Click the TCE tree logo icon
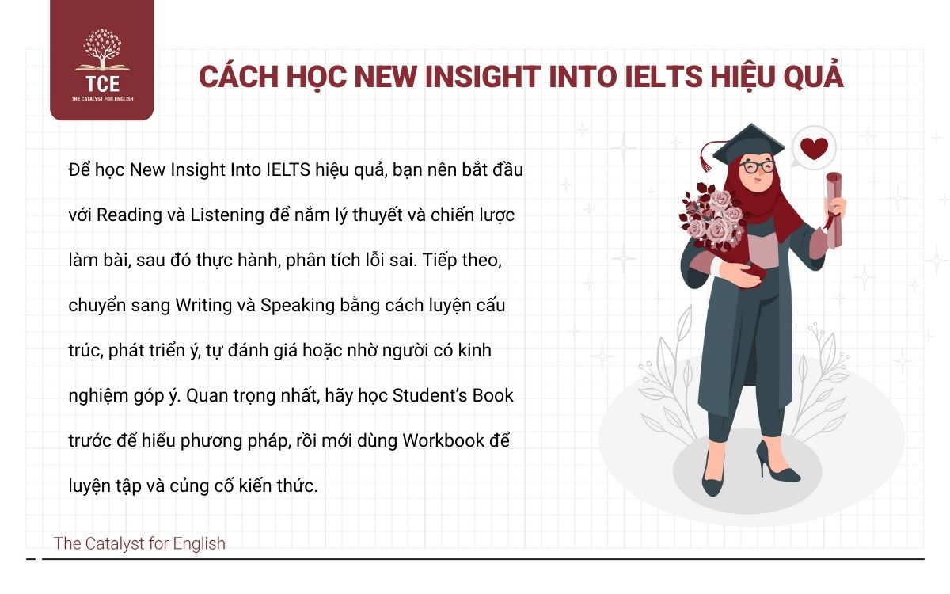(101, 50)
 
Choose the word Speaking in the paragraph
(298, 305)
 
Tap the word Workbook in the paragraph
(443, 440)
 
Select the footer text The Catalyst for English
(139, 544)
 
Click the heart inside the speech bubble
(814, 147)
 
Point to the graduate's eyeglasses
(757, 167)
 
